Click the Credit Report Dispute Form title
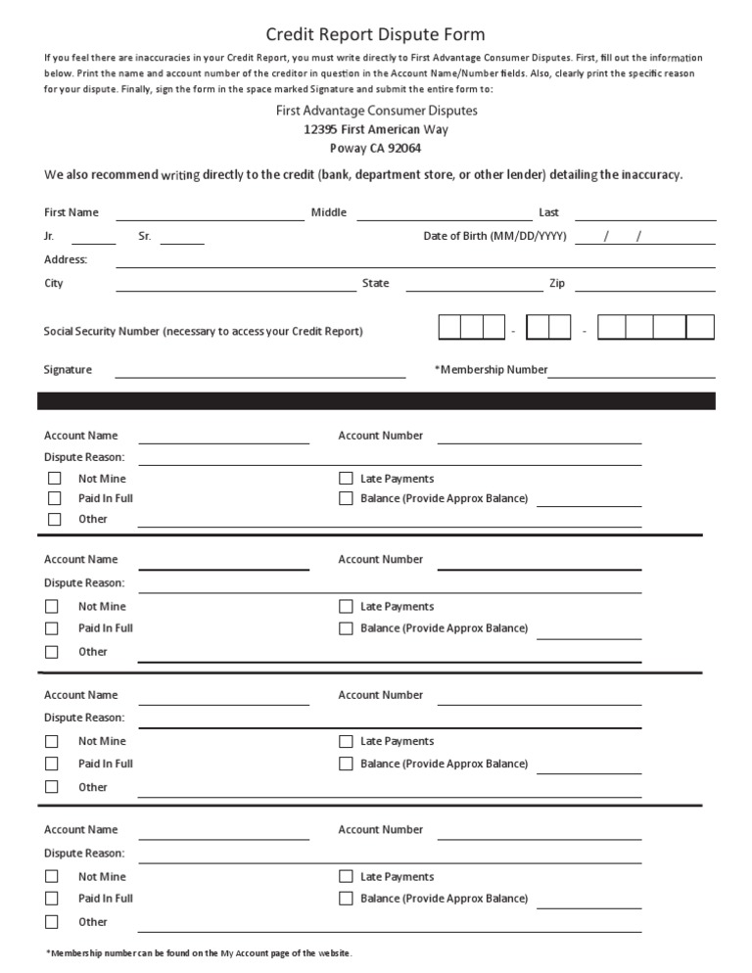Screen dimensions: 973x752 (x=376, y=35)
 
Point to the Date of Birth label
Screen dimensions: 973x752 (x=494, y=236)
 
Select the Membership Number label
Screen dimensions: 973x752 (x=492, y=370)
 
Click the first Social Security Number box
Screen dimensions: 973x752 (x=449, y=327)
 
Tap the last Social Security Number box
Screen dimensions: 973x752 (x=700, y=327)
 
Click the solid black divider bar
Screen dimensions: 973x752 (x=376, y=400)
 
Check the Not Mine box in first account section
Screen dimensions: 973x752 (x=55, y=479)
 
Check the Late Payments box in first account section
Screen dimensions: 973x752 (x=346, y=479)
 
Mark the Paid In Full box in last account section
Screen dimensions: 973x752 (x=52, y=899)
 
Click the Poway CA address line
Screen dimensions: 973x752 (x=376, y=148)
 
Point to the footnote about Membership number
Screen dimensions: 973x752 (x=198, y=953)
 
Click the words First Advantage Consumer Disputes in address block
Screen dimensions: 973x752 (x=376, y=111)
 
